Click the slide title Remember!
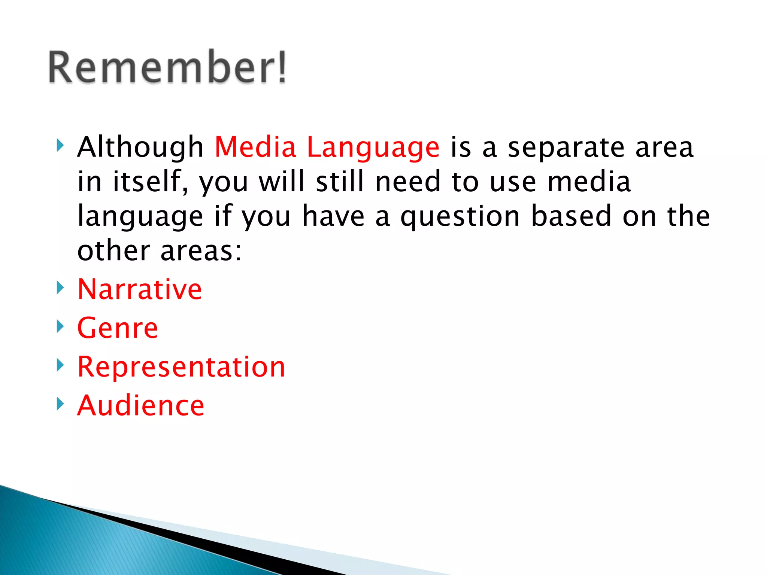point(167,67)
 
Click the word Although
point(140,147)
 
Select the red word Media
point(255,147)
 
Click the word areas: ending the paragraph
point(201,251)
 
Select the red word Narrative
point(140,289)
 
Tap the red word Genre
point(118,328)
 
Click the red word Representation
point(181,367)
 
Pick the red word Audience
point(141,405)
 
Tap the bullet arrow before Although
point(60,145)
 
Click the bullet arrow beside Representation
point(60,365)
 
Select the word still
point(340,182)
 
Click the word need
point(408,182)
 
